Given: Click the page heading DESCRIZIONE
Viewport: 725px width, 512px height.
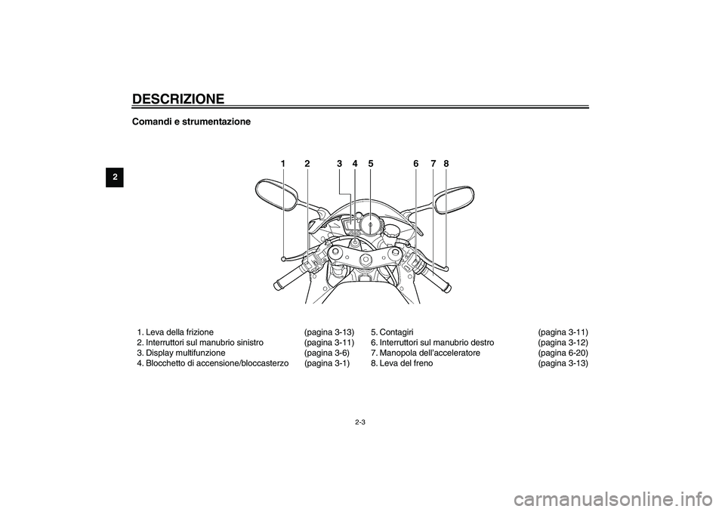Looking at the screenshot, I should (178, 99).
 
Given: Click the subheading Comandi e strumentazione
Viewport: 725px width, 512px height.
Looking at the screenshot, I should (191, 122).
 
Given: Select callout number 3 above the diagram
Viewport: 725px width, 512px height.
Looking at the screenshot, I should (340, 163).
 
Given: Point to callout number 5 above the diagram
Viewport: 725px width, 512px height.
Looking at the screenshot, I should (371, 163).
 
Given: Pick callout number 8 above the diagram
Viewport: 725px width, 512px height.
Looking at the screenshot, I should (446, 163).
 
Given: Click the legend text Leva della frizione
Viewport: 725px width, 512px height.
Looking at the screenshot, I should (179, 332).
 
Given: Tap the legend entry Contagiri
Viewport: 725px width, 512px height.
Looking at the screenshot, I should (396, 332).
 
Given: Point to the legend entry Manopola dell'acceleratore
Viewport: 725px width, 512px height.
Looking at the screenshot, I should (430, 353).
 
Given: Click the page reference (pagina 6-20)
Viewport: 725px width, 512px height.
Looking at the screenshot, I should (563, 353).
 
